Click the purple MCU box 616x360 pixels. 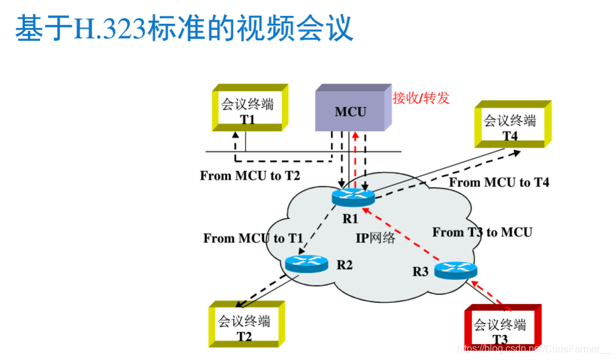pos(350,110)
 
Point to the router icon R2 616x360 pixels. pos(305,263)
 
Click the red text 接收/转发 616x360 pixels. pos(421,98)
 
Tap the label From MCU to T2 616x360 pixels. pos(250,176)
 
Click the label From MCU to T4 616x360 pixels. pos(499,182)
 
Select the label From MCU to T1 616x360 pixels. pos(253,239)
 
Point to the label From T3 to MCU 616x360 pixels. pos(482,232)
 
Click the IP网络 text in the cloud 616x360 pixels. pos(376,238)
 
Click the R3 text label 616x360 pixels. pos(421,271)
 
